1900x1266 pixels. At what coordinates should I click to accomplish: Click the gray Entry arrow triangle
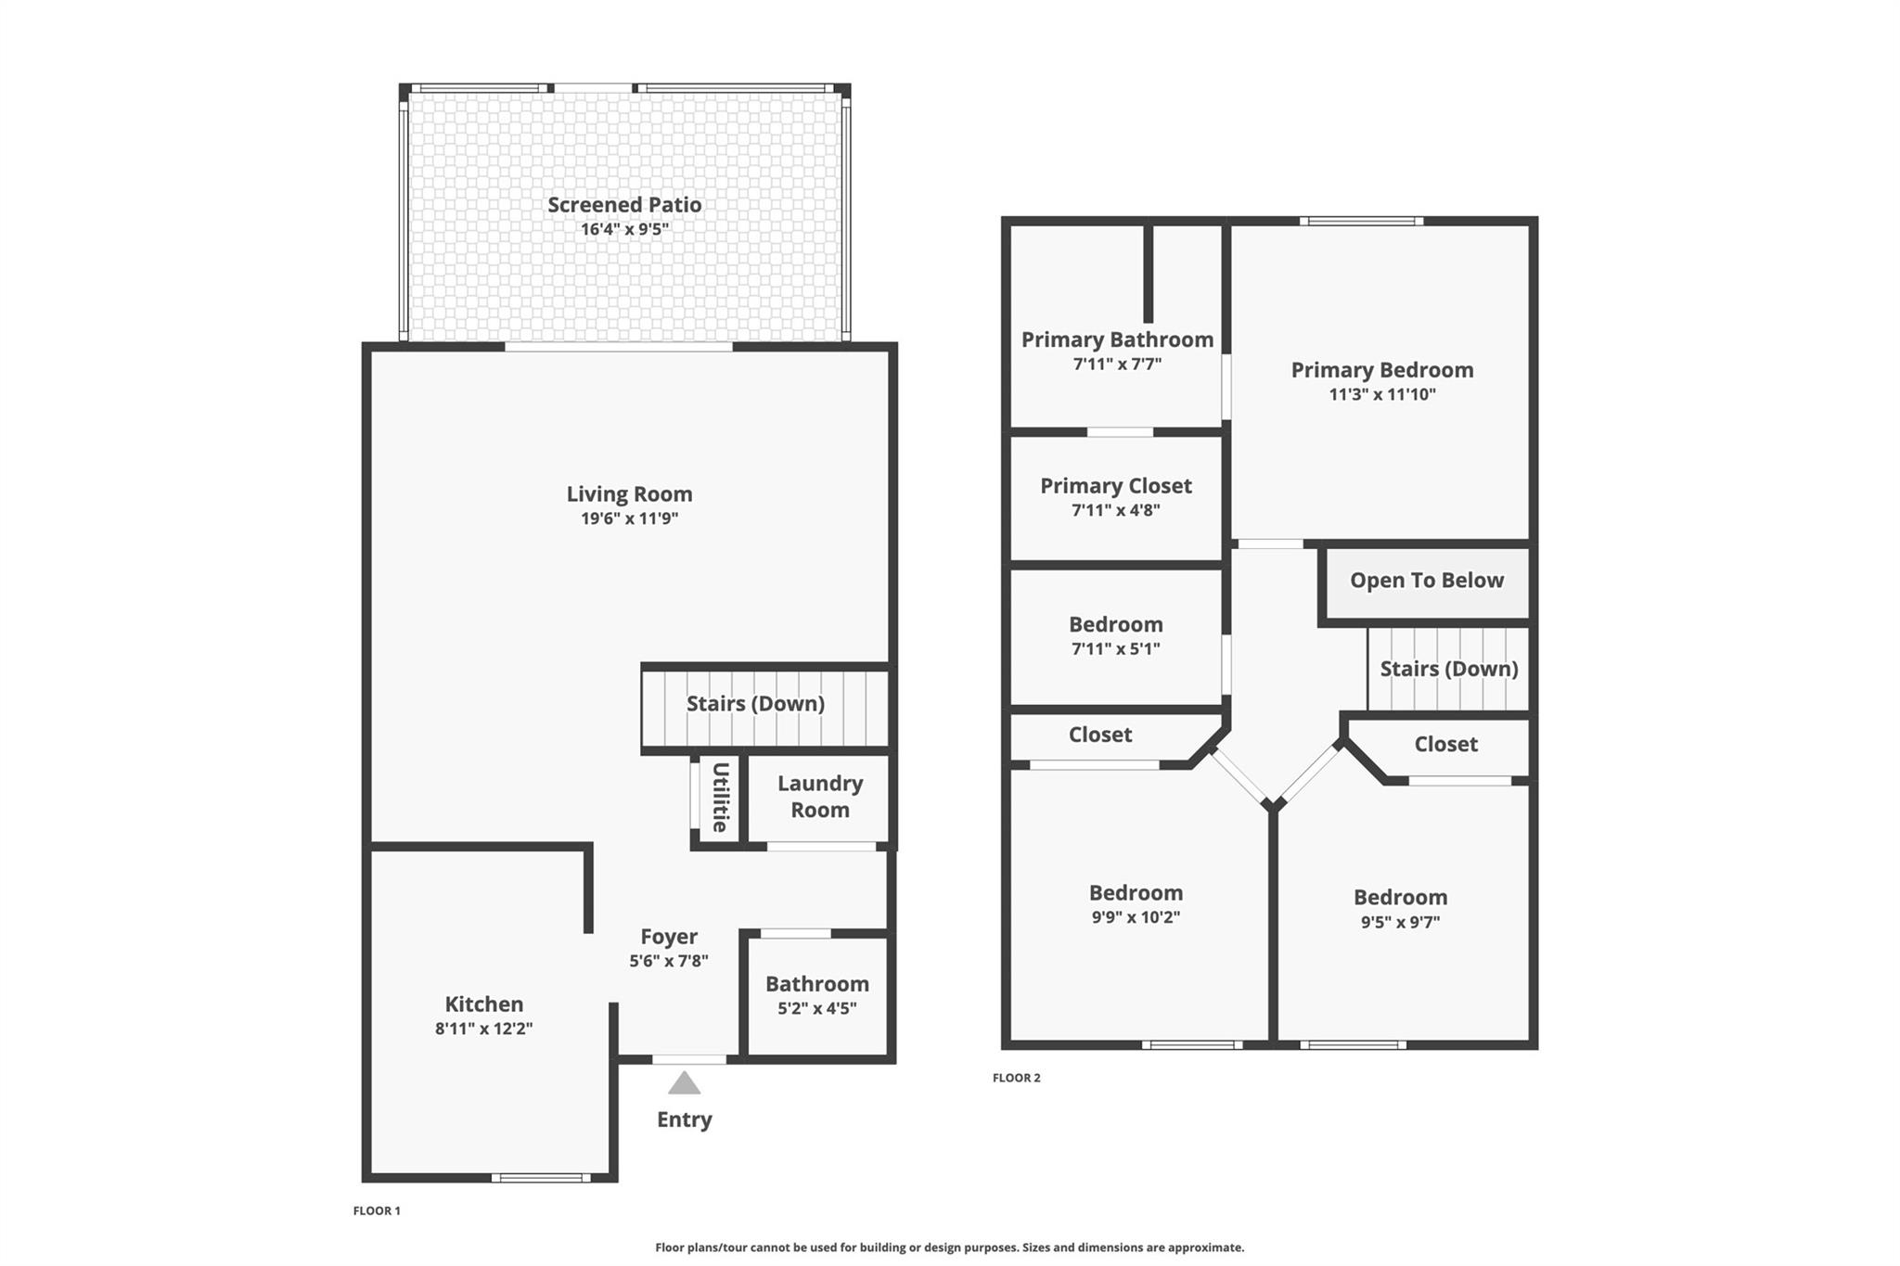pyautogui.click(x=685, y=1083)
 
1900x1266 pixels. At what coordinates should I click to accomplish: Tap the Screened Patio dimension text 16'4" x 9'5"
pyautogui.click(x=624, y=229)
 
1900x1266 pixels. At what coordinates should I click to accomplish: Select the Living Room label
pyautogui.click(x=629, y=494)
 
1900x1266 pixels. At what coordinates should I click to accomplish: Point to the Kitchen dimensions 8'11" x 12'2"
pyautogui.click(x=483, y=1029)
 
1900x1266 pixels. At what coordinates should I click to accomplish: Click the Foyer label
pyautogui.click(x=669, y=937)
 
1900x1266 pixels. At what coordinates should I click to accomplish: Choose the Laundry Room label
pyautogui.click(x=820, y=797)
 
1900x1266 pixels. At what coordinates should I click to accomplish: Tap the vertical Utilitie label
pyautogui.click(x=720, y=798)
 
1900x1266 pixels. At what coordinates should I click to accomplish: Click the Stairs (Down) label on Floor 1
pyautogui.click(x=755, y=704)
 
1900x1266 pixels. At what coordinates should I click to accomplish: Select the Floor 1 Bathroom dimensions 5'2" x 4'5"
pyautogui.click(x=816, y=1008)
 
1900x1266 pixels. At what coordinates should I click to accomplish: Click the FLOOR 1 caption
pyautogui.click(x=377, y=1210)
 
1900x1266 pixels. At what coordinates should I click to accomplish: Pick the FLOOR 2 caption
pyautogui.click(x=1017, y=1078)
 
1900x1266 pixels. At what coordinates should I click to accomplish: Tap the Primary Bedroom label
pyautogui.click(x=1382, y=370)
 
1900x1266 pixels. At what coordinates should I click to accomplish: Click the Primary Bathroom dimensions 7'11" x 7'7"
pyautogui.click(x=1117, y=364)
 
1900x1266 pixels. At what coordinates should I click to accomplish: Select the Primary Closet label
pyautogui.click(x=1116, y=486)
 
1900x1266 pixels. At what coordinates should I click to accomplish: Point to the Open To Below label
pyautogui.click(x=1427, y=581)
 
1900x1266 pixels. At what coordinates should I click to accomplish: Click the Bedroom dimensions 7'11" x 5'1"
pyautogui.click(x=1116, y=649)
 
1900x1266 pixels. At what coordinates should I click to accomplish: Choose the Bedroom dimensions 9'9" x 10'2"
pyautogui.click(x=1136, y=917)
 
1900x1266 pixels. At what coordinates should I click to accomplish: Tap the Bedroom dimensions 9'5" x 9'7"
pyautogui.click(x=1400, y=922)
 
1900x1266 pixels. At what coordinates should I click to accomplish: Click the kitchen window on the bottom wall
pyautogui.click(x=541, y=1178)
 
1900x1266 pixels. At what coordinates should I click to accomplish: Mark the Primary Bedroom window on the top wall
pyautogui.click(x=1361, y=221)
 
